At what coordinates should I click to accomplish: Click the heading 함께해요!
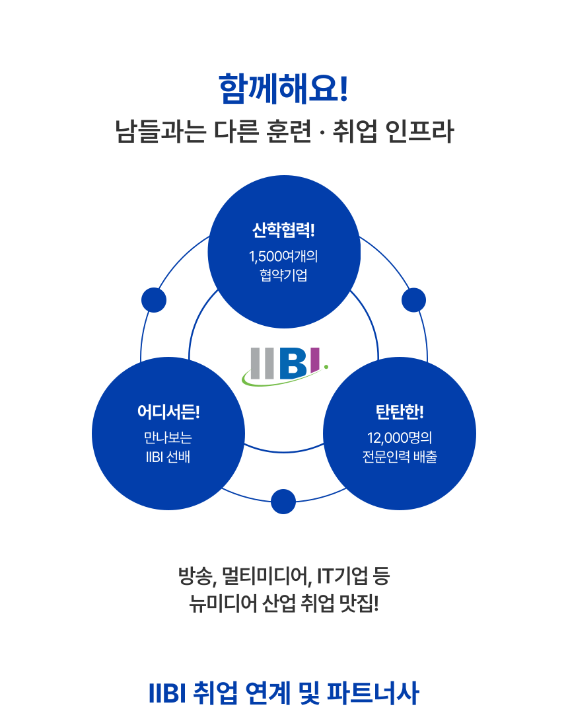coord(283,90)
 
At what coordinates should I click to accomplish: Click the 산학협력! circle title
coord(284,231)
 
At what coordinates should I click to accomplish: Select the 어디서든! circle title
coord(168,412)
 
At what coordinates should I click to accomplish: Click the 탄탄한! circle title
coord(400,412)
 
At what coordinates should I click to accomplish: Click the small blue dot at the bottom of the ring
coord(283,501)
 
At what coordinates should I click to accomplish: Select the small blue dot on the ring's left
coord(154,300)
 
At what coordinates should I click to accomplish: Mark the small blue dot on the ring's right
coord(413,300)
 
